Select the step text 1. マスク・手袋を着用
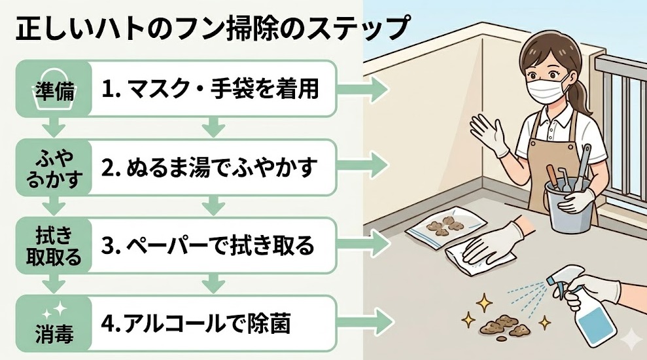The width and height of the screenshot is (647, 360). (x=210, y=90)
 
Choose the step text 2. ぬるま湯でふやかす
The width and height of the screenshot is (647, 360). (x=210, y=167)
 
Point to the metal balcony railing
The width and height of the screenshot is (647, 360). (x=621, y=118)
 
